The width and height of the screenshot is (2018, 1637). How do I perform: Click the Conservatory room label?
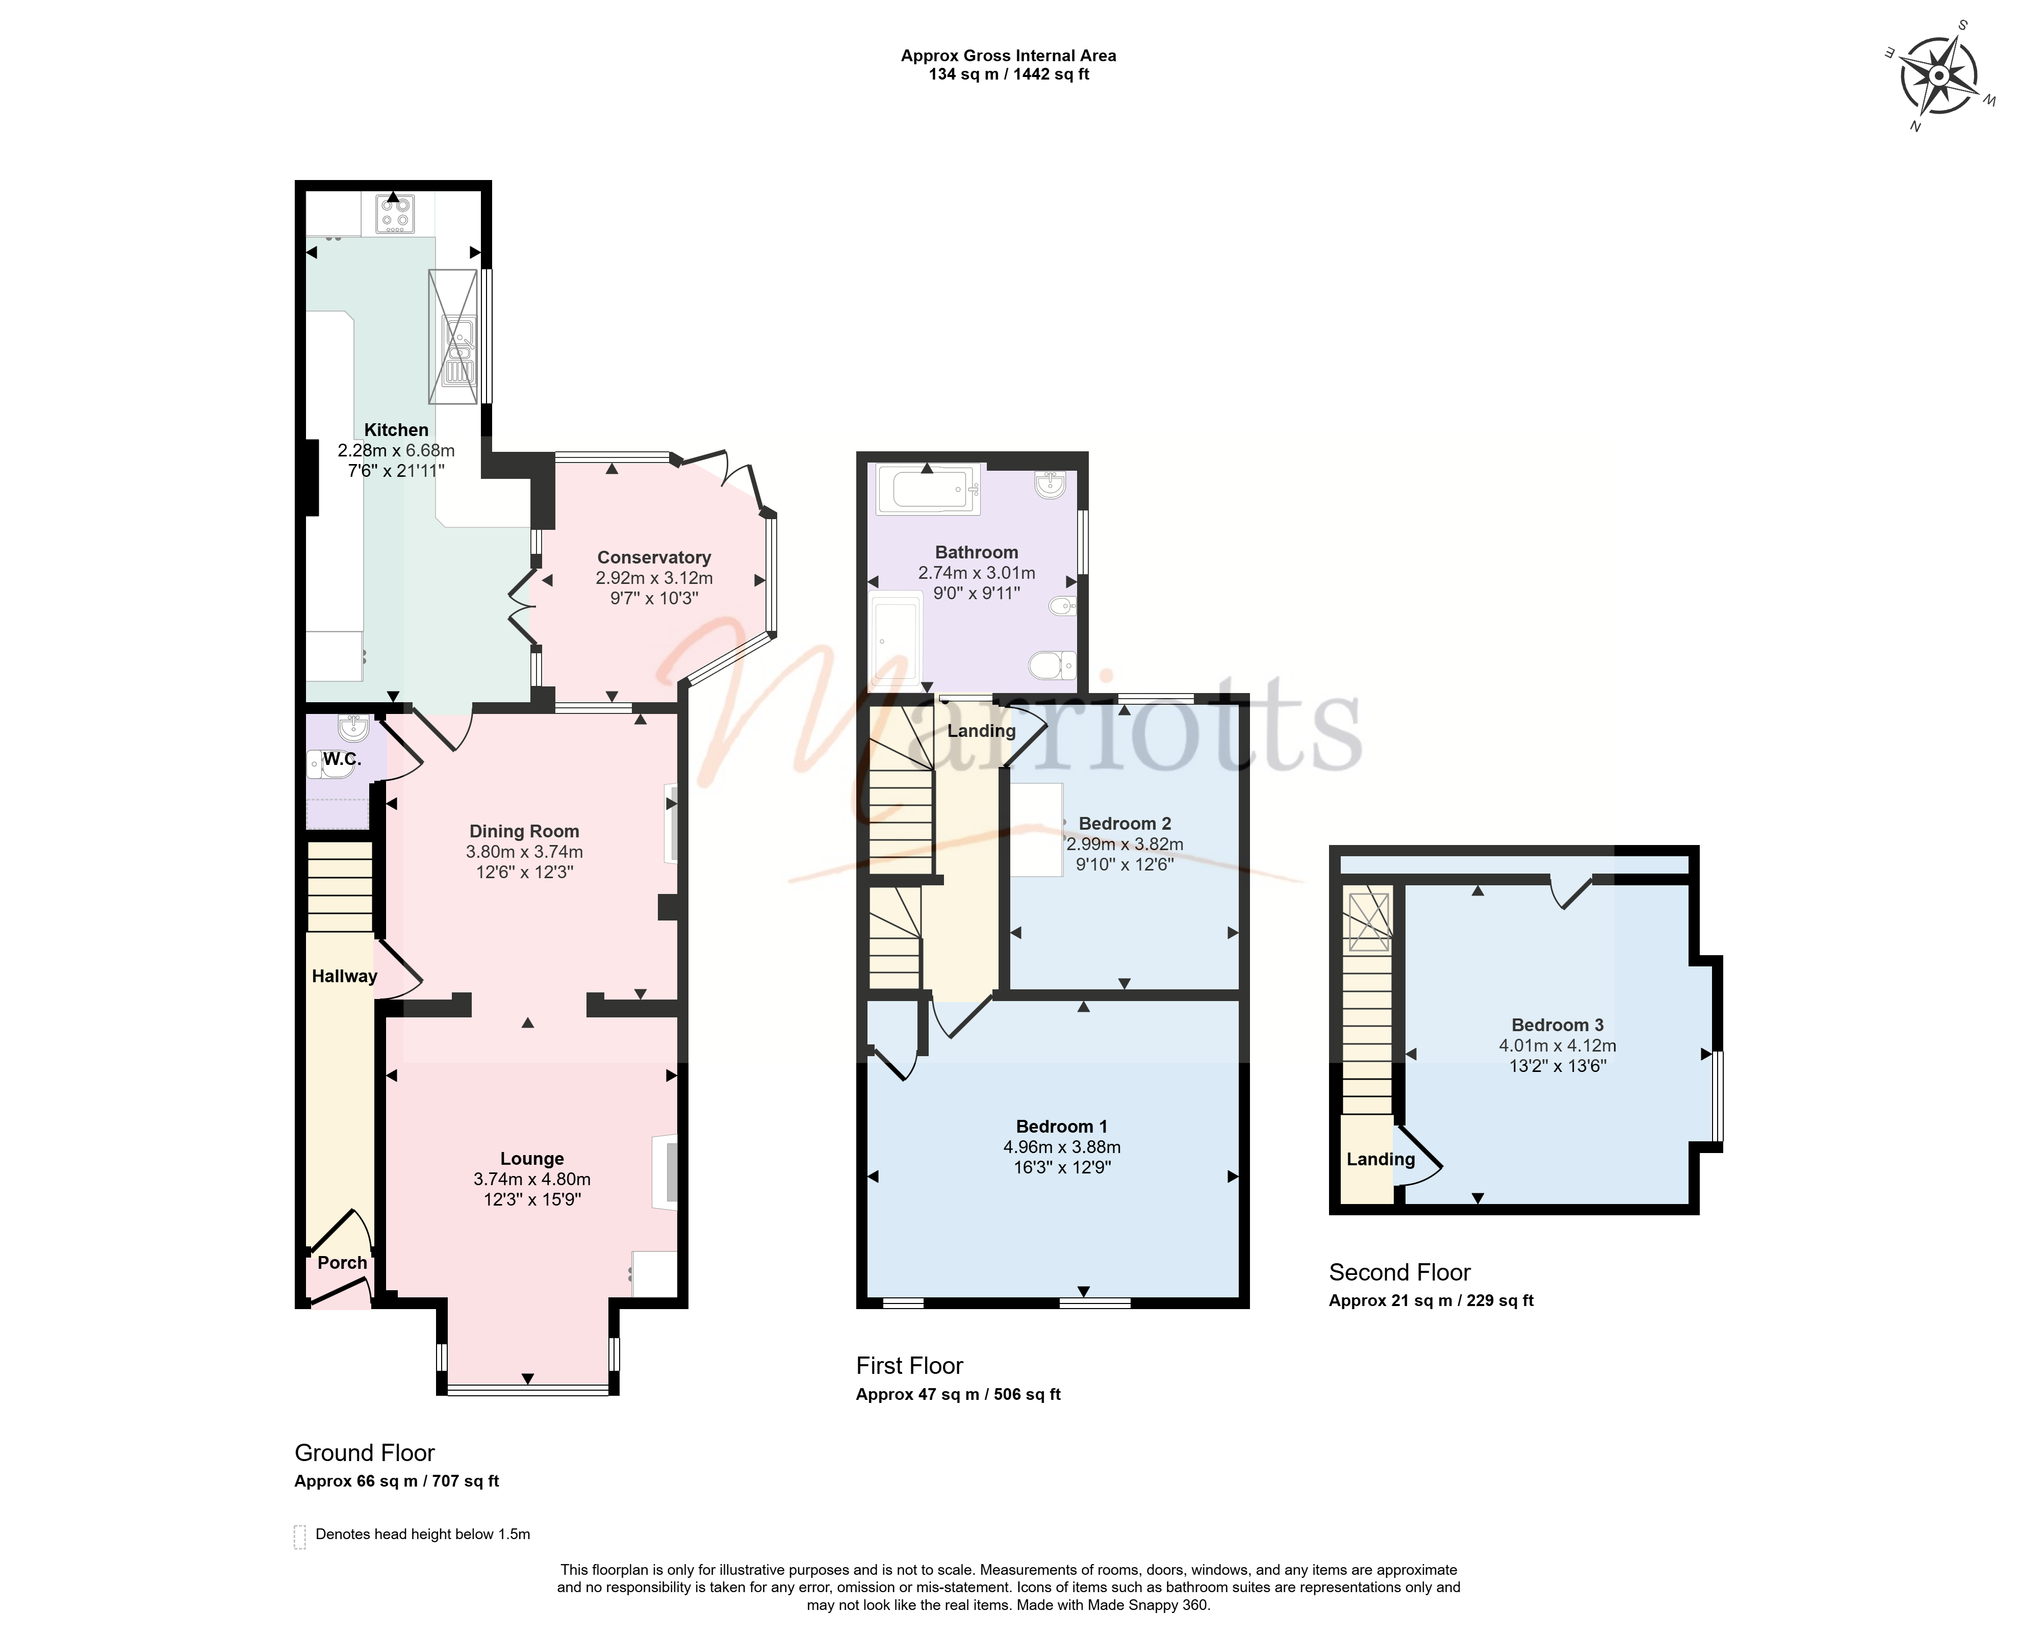(x=653, y=557)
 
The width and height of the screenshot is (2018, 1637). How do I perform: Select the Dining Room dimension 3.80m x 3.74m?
(x=524, y=852)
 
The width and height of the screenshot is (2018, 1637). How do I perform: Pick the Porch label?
(x=342, y=1263)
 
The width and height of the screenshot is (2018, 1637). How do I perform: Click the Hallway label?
(x=344, y=976)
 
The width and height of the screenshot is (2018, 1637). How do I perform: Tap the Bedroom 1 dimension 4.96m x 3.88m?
(x=1062, y=1146)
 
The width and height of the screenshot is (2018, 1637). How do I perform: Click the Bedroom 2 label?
(x=1125, y=823)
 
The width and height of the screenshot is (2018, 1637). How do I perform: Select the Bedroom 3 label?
(x=1558, y=1025)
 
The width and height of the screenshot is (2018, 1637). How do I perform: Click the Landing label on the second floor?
(x=1381, y=1160)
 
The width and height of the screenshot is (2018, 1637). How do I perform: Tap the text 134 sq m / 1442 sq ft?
(x=1009, y=73)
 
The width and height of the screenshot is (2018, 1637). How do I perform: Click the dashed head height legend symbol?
(x=300, y=1537)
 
